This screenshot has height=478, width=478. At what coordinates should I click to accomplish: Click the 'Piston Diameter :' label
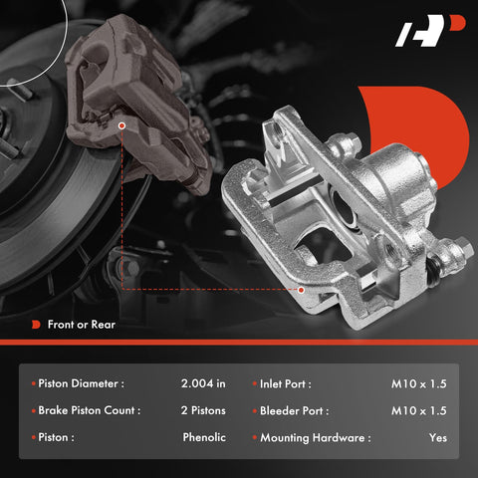click(81, 383)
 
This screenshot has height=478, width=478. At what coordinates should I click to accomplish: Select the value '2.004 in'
click(204, 383)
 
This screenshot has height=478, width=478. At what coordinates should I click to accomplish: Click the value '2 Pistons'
click(203, 410)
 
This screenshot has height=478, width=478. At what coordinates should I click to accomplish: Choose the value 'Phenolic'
click(204, 437)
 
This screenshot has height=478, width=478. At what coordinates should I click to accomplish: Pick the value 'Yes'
click(438, 437)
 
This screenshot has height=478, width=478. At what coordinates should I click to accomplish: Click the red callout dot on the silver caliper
click(301, 290)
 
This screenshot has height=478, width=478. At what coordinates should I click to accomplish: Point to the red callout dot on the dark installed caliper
click(120, 125)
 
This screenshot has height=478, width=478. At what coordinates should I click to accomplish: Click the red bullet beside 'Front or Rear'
click(36, 325)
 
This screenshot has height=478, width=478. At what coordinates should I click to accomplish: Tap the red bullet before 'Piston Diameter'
click(32, 383)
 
